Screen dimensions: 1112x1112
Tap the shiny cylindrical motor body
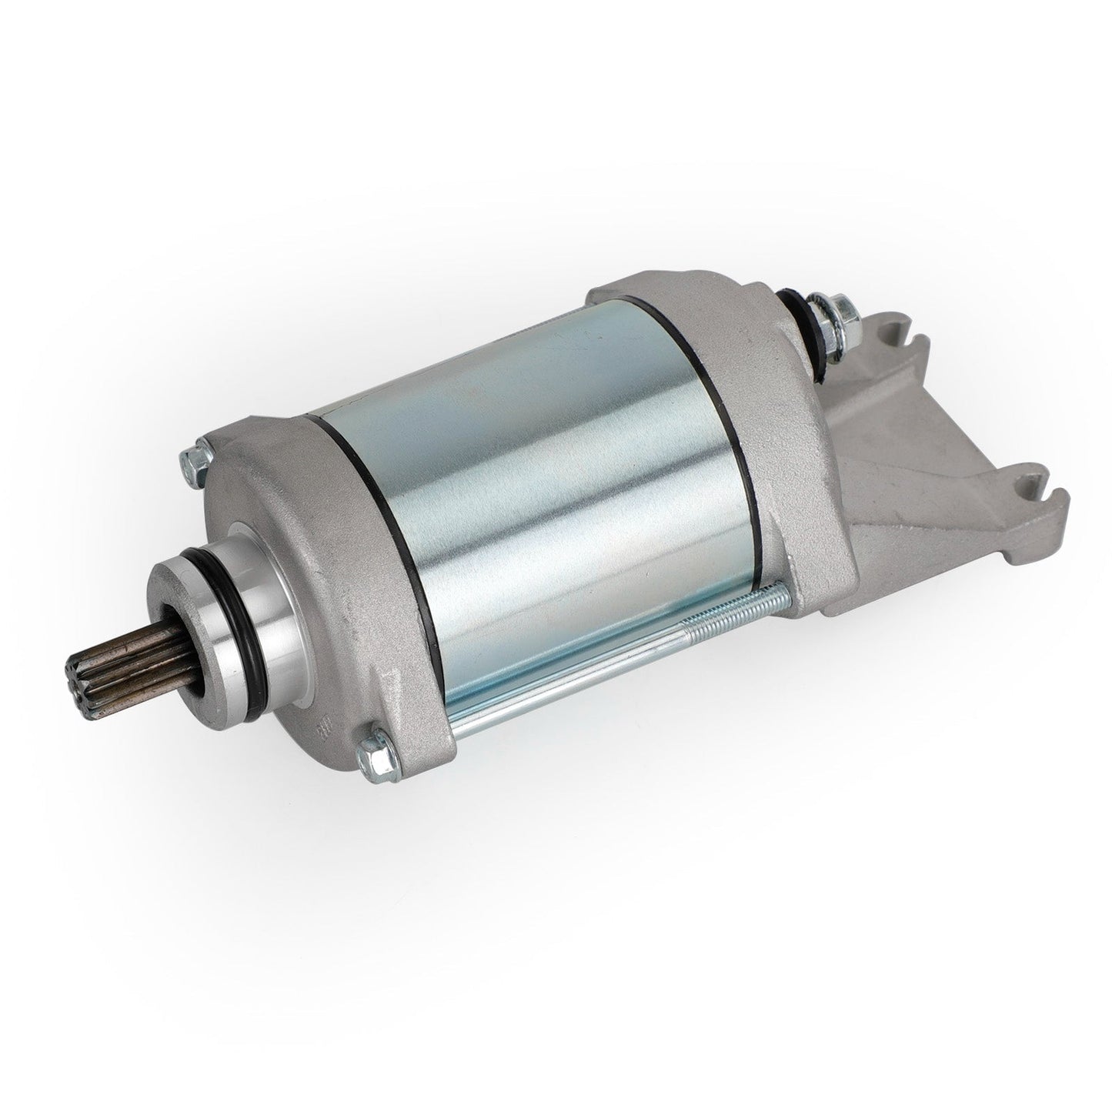click(539, 500)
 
